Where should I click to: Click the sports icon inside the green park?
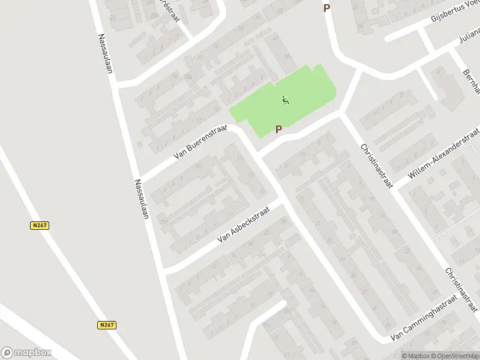(286, 100)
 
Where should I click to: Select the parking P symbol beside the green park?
(278, 129)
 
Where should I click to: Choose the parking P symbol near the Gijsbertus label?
(326, 8)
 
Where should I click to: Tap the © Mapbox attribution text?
(415, 356)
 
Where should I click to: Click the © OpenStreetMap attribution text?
(454, 356)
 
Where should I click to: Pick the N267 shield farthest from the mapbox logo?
(40, 226)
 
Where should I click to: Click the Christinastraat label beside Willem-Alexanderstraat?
(376, 166)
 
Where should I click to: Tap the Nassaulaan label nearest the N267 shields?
(142, 198)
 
